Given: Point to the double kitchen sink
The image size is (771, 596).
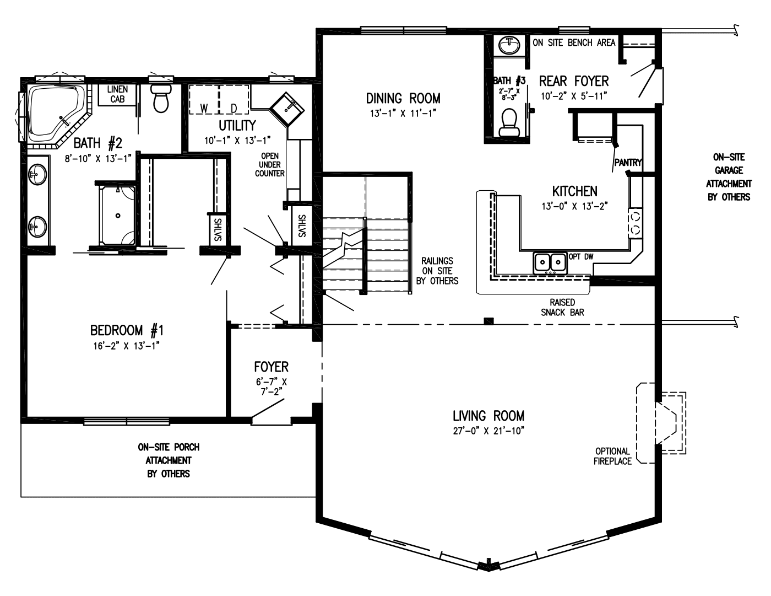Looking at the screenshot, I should click(x=550, y=261).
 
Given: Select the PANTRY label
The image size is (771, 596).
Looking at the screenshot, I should click(x=627, y=163).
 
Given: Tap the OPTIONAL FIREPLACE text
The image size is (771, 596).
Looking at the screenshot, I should click(x=612, y=456).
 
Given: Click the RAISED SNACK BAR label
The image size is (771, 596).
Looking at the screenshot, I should click(x=562, y=307).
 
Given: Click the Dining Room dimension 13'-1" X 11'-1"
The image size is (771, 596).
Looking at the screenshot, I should click(x=403, y=114).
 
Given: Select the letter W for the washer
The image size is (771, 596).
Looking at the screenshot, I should click(x=204, y=108).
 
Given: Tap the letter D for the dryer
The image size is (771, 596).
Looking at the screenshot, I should click(x=233, y=108).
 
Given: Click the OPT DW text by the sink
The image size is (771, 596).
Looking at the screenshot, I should click(x=581, y=256).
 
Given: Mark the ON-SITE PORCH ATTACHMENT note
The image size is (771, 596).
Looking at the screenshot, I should click(x=169, y=460).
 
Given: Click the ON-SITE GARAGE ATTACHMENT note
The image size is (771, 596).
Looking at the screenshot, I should click(x=729, y=177).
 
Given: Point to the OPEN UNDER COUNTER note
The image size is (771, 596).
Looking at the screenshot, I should click(x=270, y=164).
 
